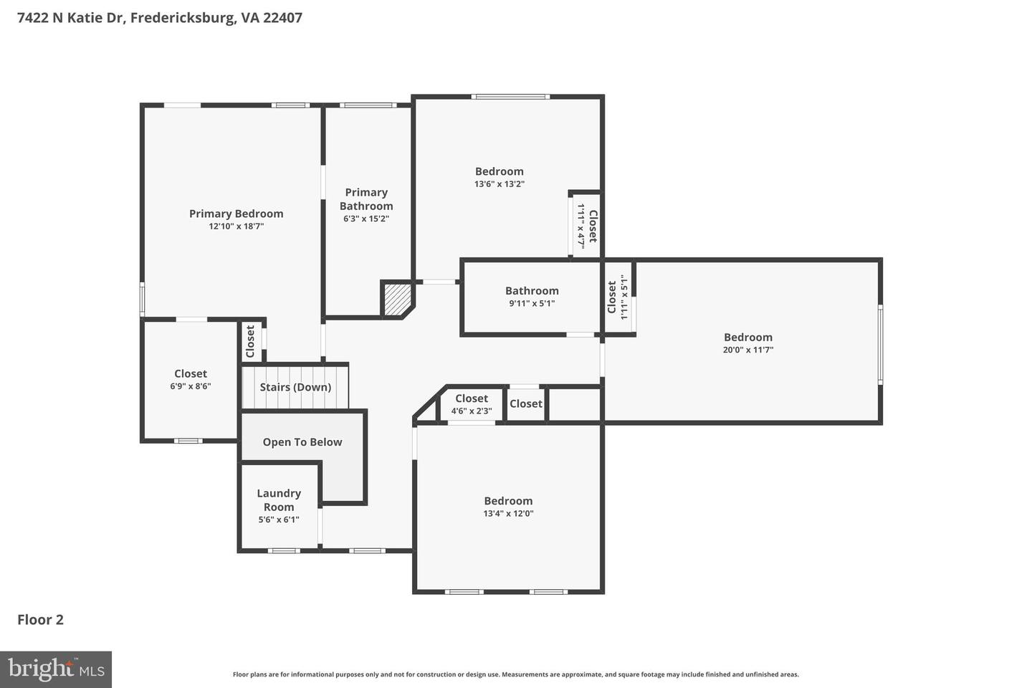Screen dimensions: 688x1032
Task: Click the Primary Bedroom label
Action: [x=236, y=214]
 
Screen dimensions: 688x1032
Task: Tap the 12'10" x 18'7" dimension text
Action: [x=236, y=226]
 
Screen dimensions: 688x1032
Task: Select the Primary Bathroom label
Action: [x=366, y=199]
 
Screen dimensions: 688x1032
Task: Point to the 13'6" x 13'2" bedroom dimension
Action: [x=499, y=184]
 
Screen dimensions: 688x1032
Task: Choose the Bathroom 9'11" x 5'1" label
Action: [x=532, y=291]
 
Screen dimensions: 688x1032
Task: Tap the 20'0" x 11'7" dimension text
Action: [x=747, y=350]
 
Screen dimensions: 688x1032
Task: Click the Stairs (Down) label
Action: [x=295, y=387]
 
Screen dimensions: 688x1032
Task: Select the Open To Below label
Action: [x=302, y=442]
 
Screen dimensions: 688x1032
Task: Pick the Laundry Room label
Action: [x=279, y=500]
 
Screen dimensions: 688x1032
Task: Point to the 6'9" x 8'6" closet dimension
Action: [x=191, y=386]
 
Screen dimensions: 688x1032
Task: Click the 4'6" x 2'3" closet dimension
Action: [x=472, y=411]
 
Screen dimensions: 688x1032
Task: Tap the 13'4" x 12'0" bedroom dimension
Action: [x=508, y=514]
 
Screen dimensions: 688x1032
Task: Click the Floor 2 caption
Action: [x=41, y=620]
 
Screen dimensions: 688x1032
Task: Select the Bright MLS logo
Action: [x=56, y=669]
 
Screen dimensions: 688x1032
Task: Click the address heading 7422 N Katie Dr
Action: [x=159, y=17]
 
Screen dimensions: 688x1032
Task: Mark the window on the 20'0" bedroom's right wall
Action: [x=880, y=344]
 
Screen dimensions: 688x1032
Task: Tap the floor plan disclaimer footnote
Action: [x=515, y=674]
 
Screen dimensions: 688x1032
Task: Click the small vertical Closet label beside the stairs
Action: [x=250, y=341]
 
